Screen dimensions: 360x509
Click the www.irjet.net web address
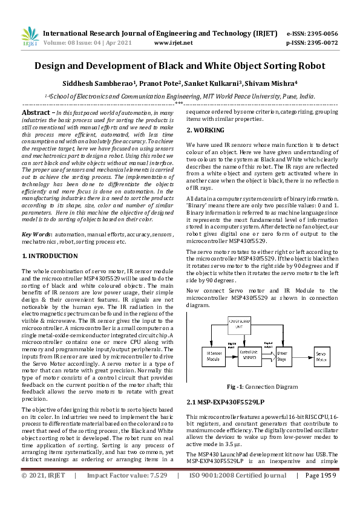173,43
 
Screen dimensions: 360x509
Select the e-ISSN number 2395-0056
322,33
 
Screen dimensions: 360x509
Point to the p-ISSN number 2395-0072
322,43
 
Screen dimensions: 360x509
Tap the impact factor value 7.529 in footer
156,493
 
